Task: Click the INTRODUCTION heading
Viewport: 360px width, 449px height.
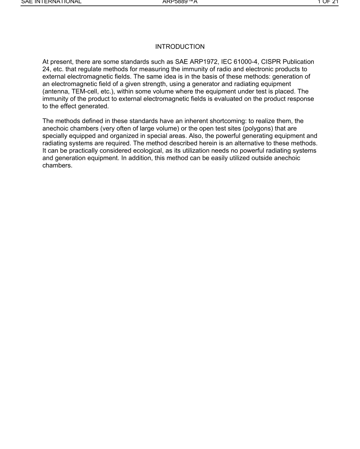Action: (180, 47)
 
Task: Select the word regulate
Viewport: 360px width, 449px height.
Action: (87, 69)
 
